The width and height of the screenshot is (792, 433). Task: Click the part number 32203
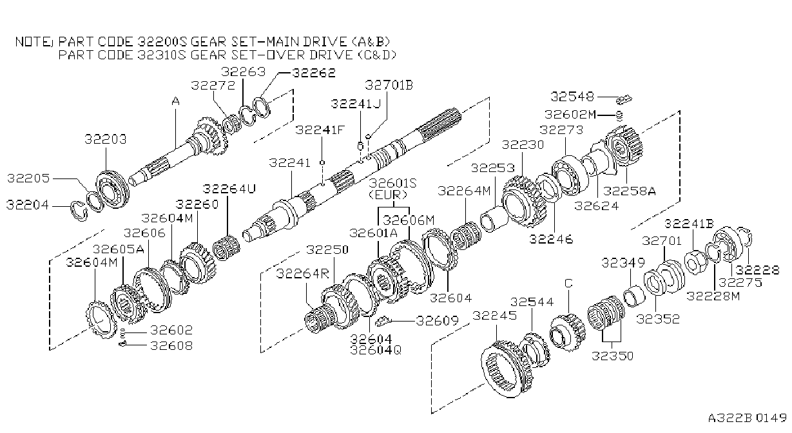106,139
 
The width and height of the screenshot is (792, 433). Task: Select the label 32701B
389,85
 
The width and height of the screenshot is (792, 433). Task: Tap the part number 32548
572,97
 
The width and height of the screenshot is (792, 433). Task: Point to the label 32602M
570,115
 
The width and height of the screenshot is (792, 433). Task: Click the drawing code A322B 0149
747,418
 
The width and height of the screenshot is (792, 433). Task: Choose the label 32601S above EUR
392,183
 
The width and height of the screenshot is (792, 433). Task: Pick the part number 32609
438,321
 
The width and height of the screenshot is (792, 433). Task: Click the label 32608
171,346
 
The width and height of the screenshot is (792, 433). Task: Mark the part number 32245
495,315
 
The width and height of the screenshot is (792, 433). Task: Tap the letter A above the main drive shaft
175,101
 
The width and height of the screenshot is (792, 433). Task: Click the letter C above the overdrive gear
568,284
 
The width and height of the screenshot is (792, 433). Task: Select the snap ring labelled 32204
79,211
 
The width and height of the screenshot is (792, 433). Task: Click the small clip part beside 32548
624,100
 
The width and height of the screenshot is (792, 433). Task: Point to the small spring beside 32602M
619,115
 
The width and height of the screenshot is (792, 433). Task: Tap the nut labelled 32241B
696,264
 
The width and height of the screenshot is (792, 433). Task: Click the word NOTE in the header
34,42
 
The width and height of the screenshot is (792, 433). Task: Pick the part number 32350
612,356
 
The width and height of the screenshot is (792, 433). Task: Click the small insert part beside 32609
383,321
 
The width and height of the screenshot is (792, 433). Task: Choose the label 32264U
229,189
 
